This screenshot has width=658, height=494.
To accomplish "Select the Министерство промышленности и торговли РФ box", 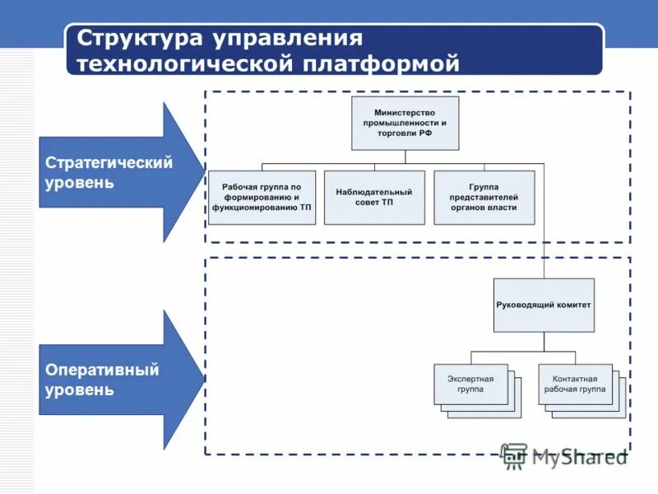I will coord(405,123).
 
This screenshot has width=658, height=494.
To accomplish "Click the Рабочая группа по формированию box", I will coord(262,198).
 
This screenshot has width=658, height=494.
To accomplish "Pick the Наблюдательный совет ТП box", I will coord(374,198).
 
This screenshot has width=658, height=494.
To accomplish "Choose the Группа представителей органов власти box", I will coord(484,198).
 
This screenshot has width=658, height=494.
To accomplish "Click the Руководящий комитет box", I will coord(543,305).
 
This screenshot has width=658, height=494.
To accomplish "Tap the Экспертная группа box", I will coord(470,384).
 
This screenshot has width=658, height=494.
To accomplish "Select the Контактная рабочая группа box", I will coord(575,384).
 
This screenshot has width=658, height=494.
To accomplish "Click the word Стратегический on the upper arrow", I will coord(109,162).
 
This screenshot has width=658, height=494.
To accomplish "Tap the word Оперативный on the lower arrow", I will coord(102,370).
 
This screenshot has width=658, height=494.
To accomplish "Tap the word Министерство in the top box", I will coord(405,112).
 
